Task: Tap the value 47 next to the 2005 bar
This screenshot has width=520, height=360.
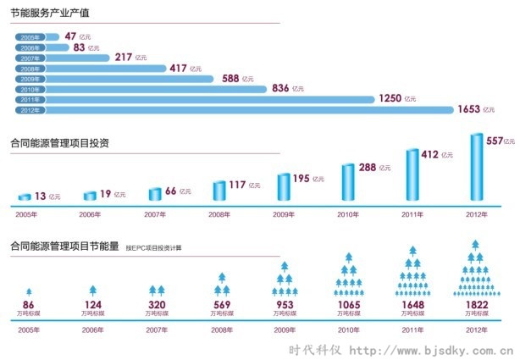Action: pyautogui.click(x=70, y=36)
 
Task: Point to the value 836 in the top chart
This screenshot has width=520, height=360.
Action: pyautogui.click(x=280, y=89)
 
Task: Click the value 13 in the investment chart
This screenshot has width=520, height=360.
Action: pyautogui.click(x=39, y=196)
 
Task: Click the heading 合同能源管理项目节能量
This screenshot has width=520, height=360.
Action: pyautogui.click(x=64, y=247)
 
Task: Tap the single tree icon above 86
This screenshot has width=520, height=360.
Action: pyautogui.click(x=28, y=291)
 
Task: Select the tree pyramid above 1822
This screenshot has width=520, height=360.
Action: pyautogui.click(x=475, y=270)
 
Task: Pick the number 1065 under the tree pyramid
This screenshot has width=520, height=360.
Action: pyautogui.click(x=347, y=304)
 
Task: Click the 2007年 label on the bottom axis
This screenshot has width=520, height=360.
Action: pyautogui.click(x=156, y=330)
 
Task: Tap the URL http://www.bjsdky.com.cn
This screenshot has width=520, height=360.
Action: pyautogui.click(x=432, y=349)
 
